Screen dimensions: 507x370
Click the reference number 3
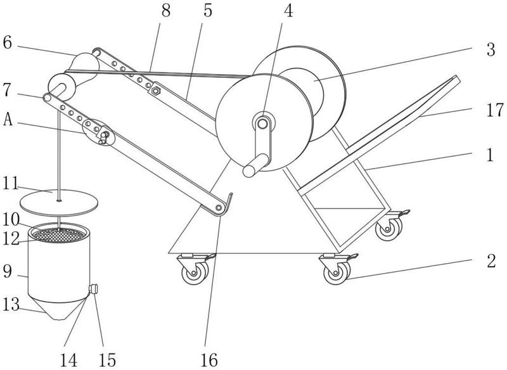point(491,50)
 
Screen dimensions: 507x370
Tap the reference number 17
point(495,110)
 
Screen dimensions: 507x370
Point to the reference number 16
point(209,360)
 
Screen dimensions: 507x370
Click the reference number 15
point(107,360)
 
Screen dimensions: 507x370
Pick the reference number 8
point(166,11)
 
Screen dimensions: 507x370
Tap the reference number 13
point(11,304)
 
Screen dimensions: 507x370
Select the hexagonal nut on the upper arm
point(156,91)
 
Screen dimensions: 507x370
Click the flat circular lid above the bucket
point(59,203)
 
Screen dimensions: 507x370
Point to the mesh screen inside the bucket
point(59,235)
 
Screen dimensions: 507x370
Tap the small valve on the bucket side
point(93,288)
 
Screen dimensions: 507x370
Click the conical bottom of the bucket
point(58,308)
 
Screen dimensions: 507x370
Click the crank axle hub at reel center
point(263,123)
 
